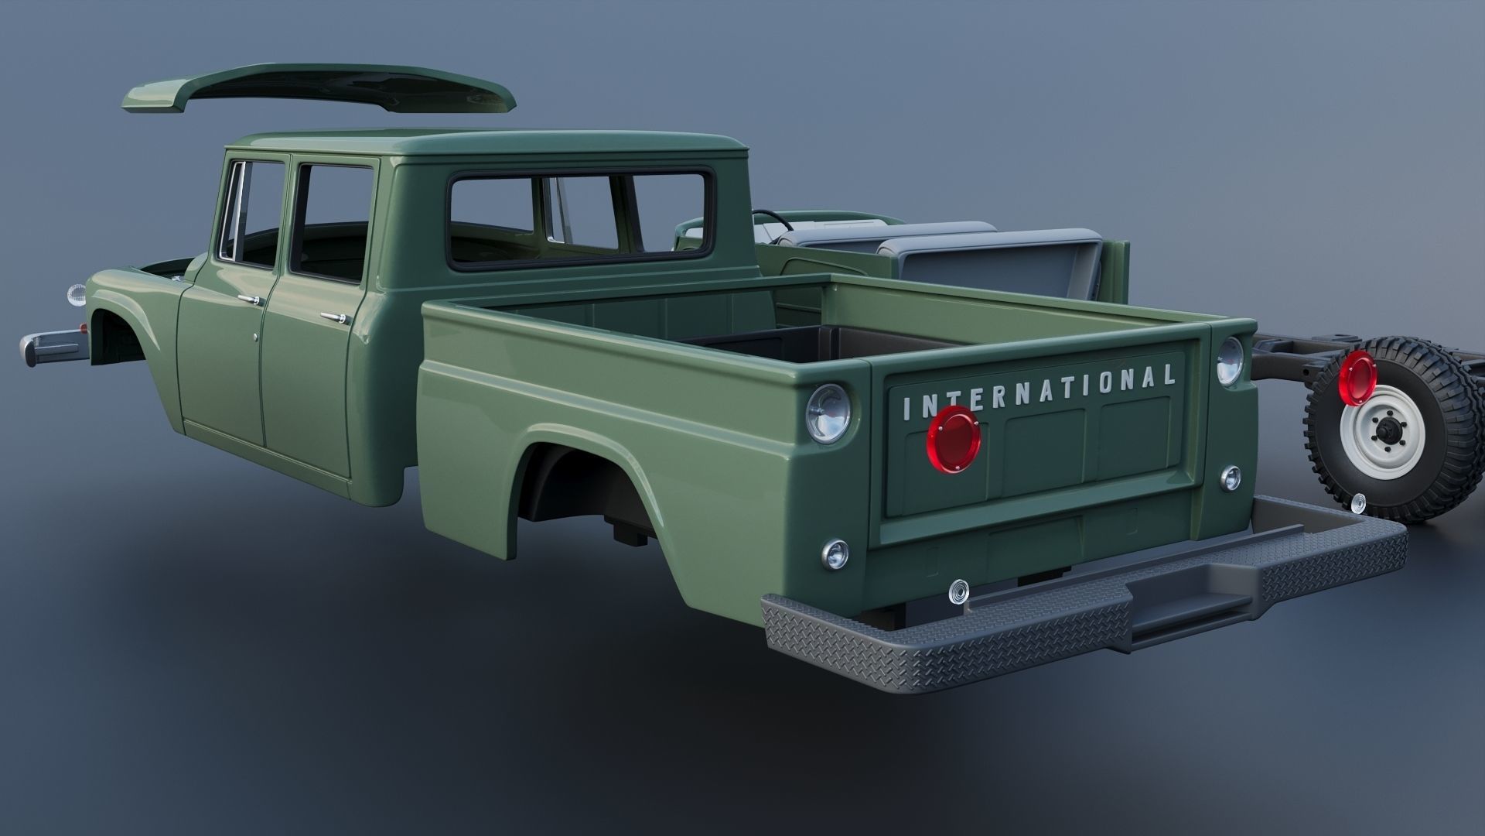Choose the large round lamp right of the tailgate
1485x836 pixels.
click(x=1230, y=361)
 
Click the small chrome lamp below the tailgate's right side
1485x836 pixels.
click(x=1231, y=478)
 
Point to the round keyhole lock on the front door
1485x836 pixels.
click(x=256, y=337)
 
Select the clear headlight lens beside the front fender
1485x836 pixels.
click(x=77, y=294)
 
